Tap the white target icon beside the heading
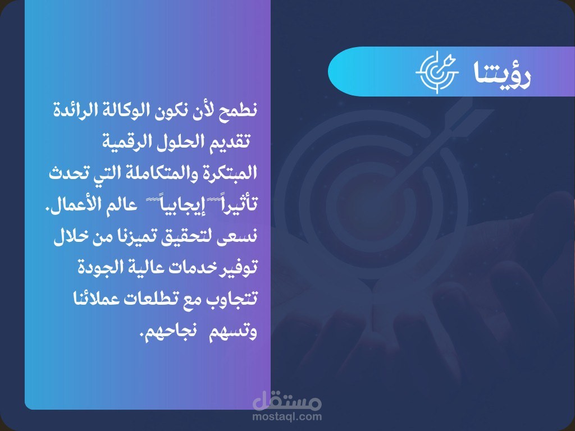coord(437,72)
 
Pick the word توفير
coord(240,267)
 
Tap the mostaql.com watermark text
coord(287,416)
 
